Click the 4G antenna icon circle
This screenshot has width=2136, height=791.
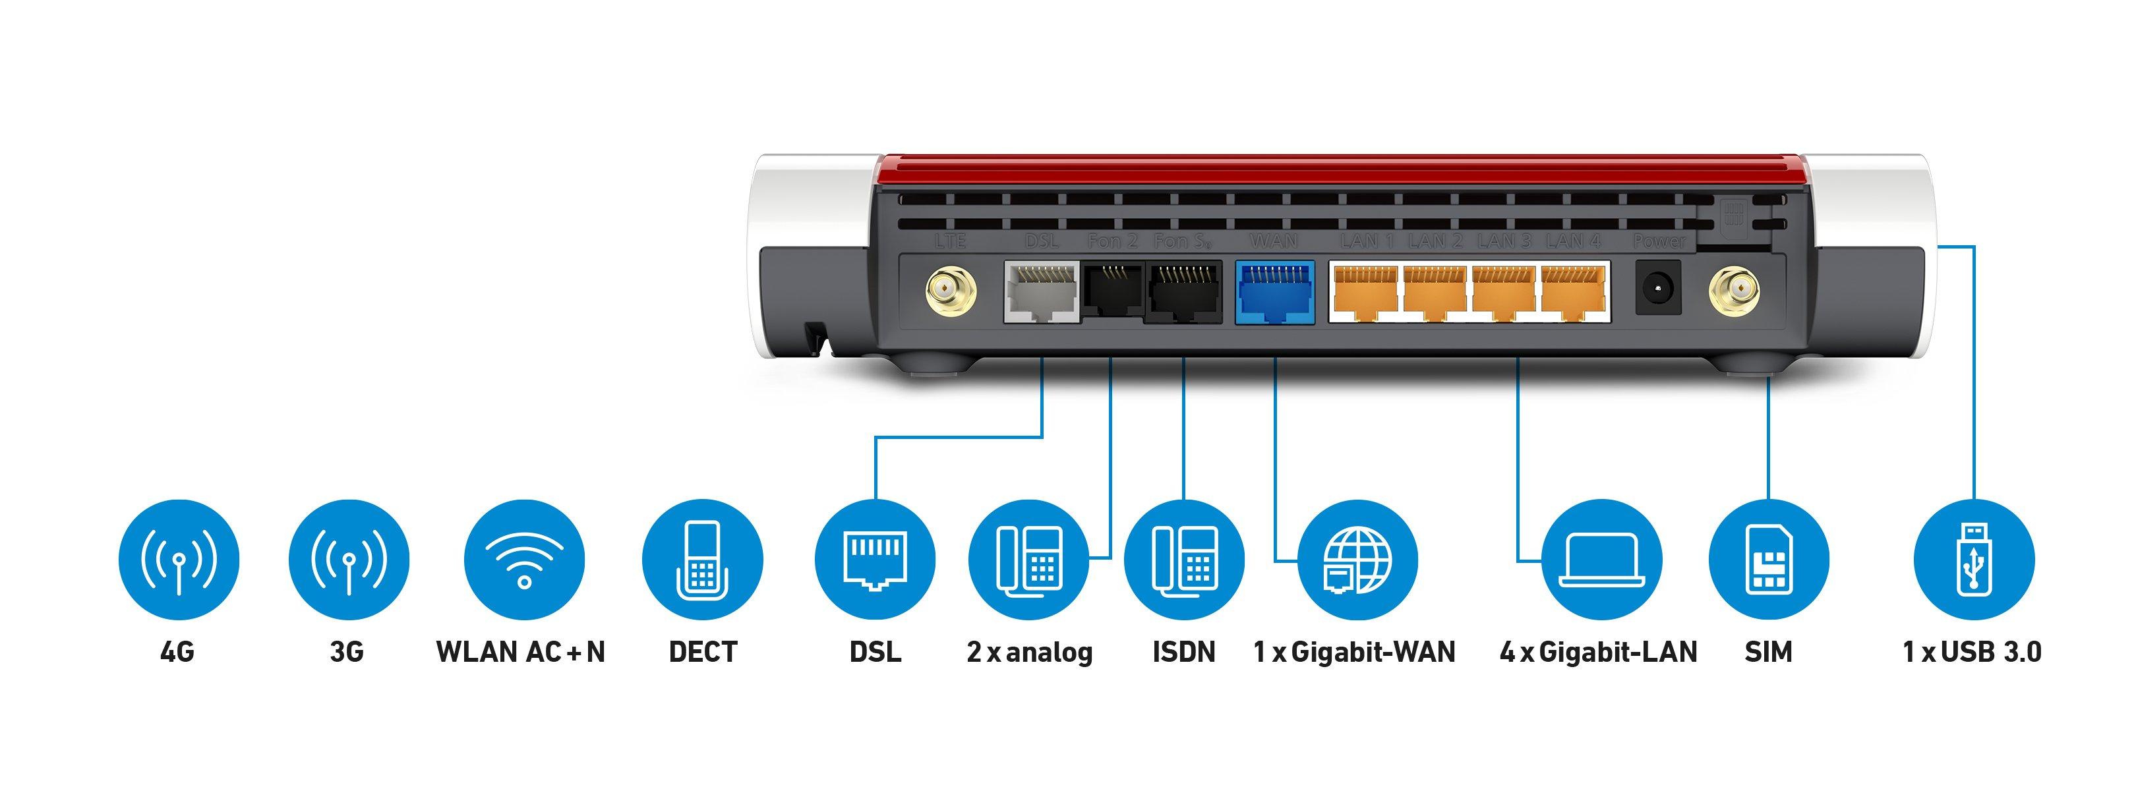coord(178,560)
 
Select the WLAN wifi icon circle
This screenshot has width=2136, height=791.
coord(524,560)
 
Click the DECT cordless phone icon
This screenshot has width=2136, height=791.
coord(702,560)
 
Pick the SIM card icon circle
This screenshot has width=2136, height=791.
coord(1769,560)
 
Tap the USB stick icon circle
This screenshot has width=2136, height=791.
coord(1973,560)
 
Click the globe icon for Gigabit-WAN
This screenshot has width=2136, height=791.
coord(1357,560)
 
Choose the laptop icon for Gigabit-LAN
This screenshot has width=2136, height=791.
coord(1601,560)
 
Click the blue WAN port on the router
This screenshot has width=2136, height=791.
coord(1274,292)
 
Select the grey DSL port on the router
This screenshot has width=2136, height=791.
coord(1042,292)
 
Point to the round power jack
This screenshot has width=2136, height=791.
coord(1657,287)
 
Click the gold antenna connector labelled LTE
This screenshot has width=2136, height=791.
coord(950,290)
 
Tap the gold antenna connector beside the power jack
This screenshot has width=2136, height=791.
coord(1733,290)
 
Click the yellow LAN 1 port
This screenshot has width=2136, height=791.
coord(1364,292)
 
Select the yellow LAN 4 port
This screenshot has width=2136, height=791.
coord(1573,292)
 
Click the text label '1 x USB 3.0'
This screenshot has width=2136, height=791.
coord(1971,652)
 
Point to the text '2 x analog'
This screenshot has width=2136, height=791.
coord(1029,652)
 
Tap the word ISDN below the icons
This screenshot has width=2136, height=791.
coord(1183,652)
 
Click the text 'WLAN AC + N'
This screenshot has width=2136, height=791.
coord(521,652)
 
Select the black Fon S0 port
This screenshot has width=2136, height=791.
coord(1184,292)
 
